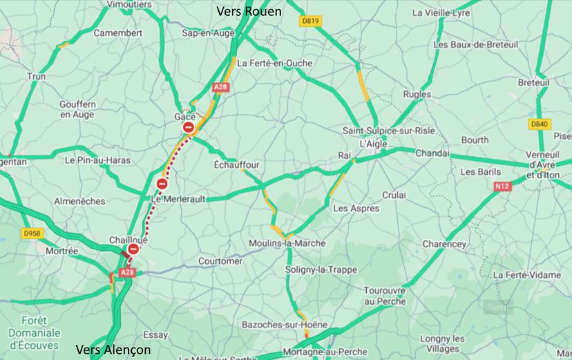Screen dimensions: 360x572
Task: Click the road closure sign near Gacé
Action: tap(188, 128)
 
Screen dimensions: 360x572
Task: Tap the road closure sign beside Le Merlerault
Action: tap(162, 184)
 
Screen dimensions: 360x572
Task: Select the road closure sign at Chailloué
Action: tap(133, 249)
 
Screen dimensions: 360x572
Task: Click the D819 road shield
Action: tap(311, 21)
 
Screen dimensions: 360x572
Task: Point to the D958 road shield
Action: tap(32, 234)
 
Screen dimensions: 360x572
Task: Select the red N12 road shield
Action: tap(502, 187)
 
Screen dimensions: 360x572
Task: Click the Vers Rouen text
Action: tap(249, 11)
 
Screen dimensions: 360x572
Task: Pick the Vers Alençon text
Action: tap(113, 349)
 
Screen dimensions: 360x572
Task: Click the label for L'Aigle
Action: tap(372, 144)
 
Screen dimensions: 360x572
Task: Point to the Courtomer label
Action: tap(220, 261)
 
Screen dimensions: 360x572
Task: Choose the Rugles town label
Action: tap(417, 95)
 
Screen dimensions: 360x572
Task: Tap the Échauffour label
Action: tap(236, 165)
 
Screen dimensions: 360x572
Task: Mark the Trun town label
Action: tap(36, 77)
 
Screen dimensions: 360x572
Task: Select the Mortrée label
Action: tap(62, 251)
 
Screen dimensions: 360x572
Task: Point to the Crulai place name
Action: tap(394, 196)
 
